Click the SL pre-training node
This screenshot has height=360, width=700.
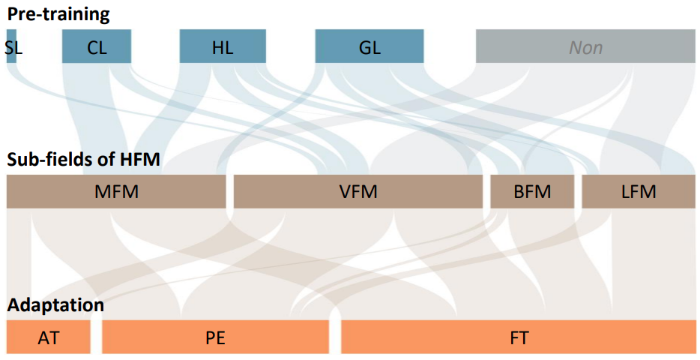[11, 46]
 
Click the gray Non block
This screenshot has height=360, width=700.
[585, 46]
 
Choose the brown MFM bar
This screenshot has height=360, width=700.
[116, 192]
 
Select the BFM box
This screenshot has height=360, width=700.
[532, 192]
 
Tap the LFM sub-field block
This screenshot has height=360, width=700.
[639, 192]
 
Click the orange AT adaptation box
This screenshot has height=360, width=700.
[48, 337]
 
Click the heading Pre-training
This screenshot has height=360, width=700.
[58, 13]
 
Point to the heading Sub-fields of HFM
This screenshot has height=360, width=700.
[84, 160]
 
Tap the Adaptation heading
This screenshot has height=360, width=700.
[56, 305]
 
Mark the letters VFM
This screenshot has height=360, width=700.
[358, 192]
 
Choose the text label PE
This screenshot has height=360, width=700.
[215, 337]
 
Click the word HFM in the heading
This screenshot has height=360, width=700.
[142, 160]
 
